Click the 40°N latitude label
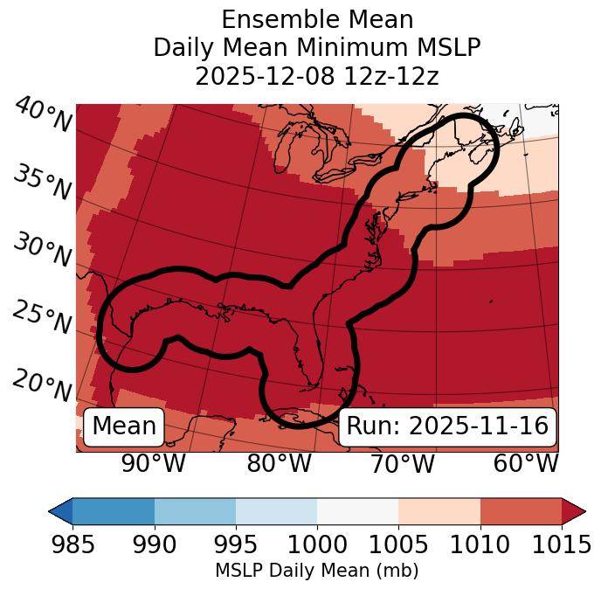tap(42, 116)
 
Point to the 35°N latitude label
tap(42, 184)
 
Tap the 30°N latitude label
tap(42, 252)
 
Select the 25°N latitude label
tap(42, 319)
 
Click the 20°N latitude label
tap(42, 385)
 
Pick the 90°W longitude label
tap(153, 464)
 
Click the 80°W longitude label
tap(279, 464)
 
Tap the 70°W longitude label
tap(401, 464)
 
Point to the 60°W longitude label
tap(526, 464)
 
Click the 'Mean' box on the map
tap(124, 426)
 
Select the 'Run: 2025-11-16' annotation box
tap(447, 426)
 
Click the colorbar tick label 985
tap(73, 545)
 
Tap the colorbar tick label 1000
tap(317, 545)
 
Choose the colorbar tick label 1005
tap(398, 545)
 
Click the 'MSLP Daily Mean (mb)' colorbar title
tap(316, 571)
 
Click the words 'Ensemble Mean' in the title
tap(317, 19)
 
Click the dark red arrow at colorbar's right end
tap(573, 510)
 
